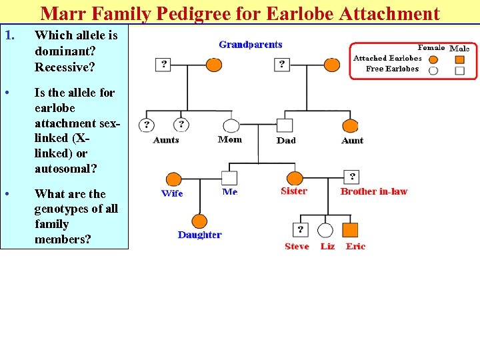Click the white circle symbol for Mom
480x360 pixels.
pos(231,125)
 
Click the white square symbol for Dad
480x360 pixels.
pos(285,125)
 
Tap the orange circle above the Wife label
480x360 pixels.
pos(173,179)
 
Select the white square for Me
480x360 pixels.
pos(229,178)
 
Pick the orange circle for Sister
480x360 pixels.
pos(295,178)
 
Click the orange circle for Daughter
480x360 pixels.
pos(199,221)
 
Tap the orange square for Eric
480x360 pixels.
pos(351,230)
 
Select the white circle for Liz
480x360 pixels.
pos(325,230)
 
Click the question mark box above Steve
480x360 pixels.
pos(301,229)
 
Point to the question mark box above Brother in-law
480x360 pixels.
pos(352,177)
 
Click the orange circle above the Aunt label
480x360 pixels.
pos(350,125)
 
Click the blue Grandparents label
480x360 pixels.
pos(251,45)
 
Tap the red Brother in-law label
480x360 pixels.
pos(373,191)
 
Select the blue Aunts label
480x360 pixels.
pos(166,140)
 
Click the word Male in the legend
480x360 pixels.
pos(459,48)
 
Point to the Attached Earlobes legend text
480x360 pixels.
pos(387,58)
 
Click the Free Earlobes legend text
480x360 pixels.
pos(393,69)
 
